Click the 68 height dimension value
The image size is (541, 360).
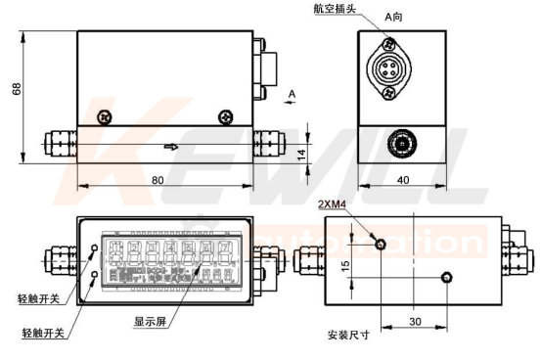click(x=17, y=88)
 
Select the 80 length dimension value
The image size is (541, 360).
click(x=158, y=180)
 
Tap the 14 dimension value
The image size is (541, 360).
click(x=301, y=154)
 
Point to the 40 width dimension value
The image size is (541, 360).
click(x=403, y=180)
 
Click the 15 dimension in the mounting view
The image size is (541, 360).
click(x=345, y=266)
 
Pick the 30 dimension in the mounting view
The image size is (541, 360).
click(x=416, y=321)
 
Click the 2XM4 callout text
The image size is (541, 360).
click(x=332, y=204)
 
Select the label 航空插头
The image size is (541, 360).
click(x=335, y=8)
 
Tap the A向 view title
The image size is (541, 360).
click(x=393, y=17)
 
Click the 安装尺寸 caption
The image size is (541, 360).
click(x=348, y=335)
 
